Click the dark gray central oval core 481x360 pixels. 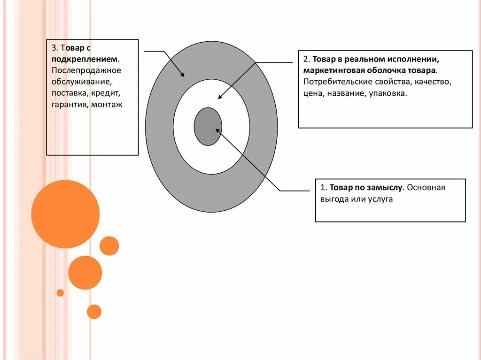[208, 126]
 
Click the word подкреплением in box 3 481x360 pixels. [85, 59]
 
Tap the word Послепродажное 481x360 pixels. [86, 70]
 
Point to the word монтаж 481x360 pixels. [107, 105]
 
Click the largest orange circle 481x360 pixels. [65, 214]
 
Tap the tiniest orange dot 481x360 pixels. [60, 293]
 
